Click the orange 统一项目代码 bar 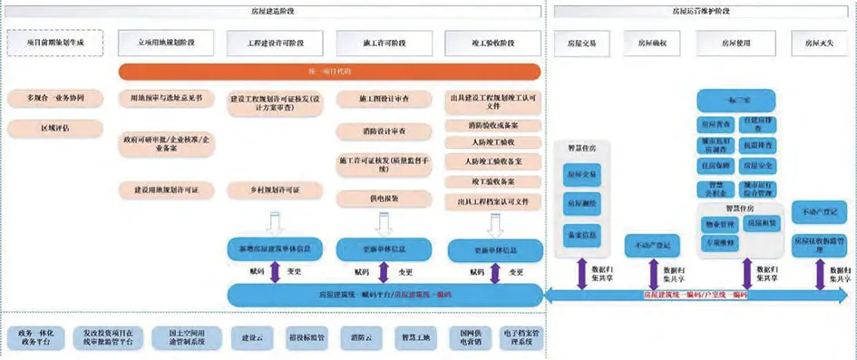coord(329,71)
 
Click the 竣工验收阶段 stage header coord(492,42)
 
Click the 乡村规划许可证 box coord(276,190)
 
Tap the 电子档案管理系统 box coord(520,336)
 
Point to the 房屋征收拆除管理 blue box coord(819,242)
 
